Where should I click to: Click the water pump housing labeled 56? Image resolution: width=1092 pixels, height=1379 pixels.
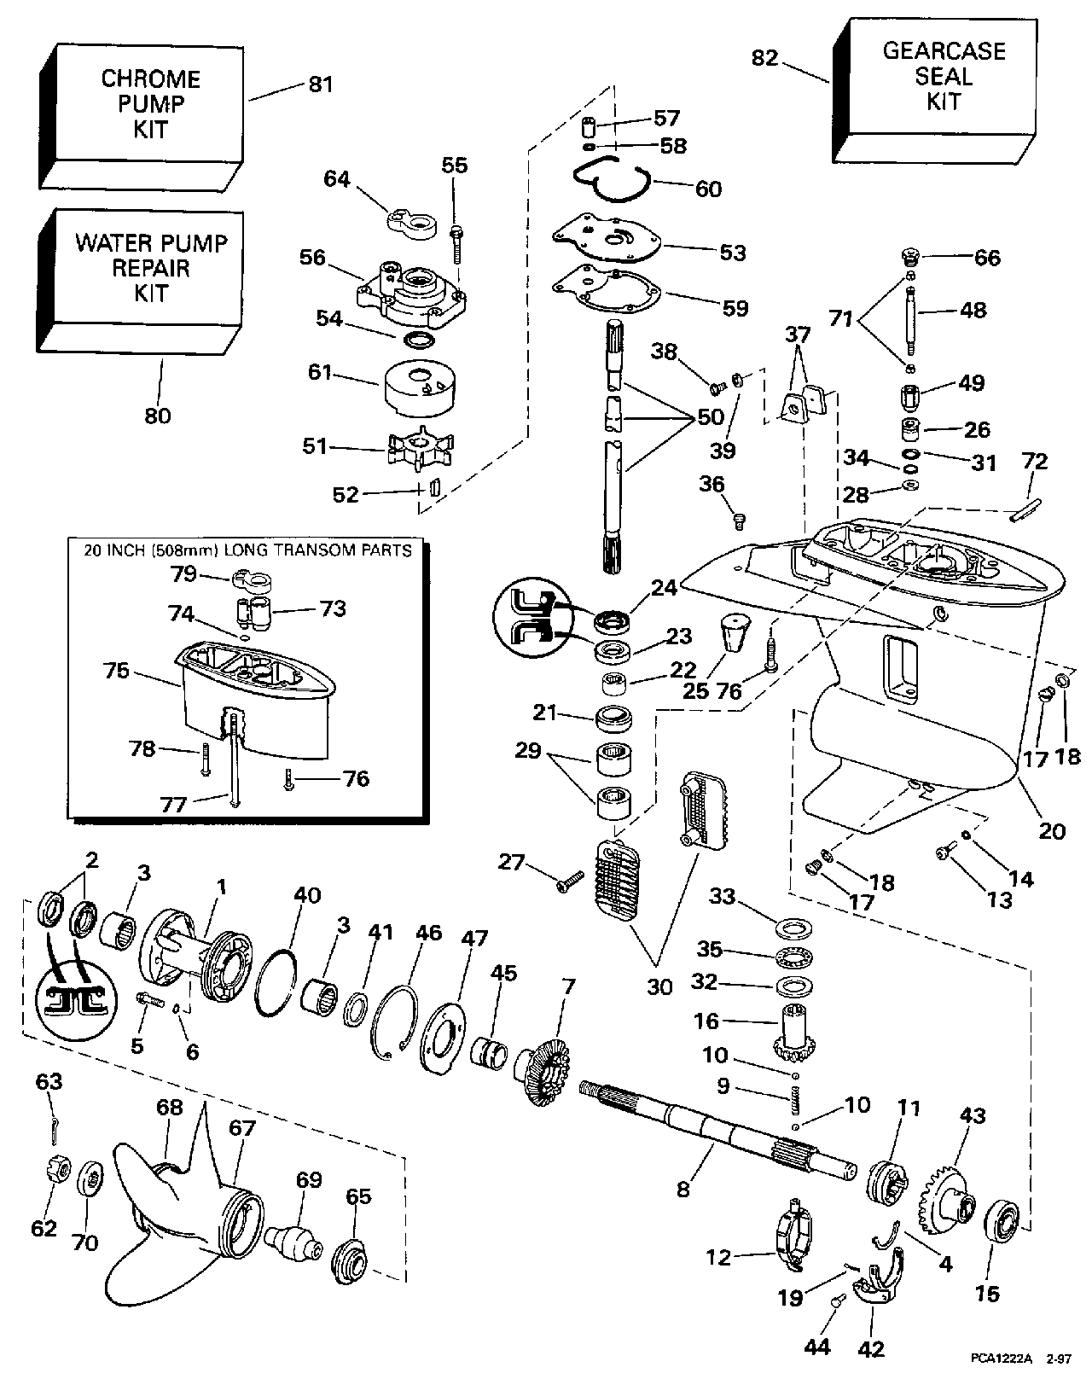[413, 295]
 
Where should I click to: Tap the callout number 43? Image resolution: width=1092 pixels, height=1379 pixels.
[973, 1115]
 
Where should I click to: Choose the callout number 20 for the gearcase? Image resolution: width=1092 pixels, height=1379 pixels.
[1052, 830]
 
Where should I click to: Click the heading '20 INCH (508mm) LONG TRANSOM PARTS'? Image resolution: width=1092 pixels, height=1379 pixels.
[247, 550]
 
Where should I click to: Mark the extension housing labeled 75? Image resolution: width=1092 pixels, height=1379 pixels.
[256, 691]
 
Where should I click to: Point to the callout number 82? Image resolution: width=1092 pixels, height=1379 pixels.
[764, 57]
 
